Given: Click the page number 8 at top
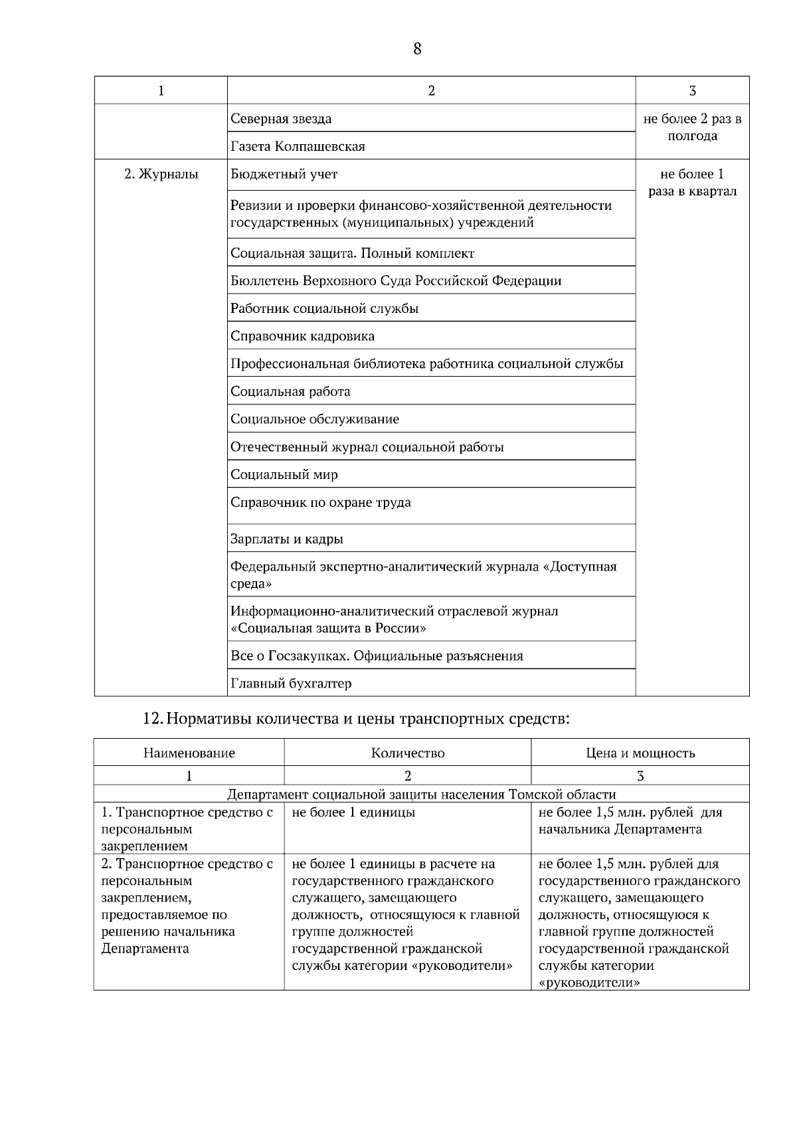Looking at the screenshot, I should click(x=417, y=49).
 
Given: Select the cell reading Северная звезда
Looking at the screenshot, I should click(x=281, y=119).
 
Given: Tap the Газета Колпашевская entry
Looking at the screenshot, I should click(x=298, y=146).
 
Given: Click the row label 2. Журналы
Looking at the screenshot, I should click(x=161, y=175).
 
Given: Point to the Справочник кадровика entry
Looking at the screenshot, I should click(x=302, y=336).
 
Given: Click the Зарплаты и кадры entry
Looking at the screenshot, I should click(x=286, y=539).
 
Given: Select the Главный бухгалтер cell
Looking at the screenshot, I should click(x=291, y=684).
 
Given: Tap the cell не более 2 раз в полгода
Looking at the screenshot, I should click(x=692, y=128).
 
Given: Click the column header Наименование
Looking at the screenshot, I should click(x=189, y=753).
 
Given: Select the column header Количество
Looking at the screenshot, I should click(x=407, y=753).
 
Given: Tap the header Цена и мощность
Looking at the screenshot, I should click(x=640, y=753).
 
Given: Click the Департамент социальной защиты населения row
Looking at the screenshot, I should click(x=421, y=795).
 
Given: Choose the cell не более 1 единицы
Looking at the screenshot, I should click(x=353, y=812).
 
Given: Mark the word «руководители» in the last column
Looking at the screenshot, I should click(x=589, y=983).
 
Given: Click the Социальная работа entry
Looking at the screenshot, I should click(x=290, y=392).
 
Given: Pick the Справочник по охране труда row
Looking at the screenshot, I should click(x=320, y=503).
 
